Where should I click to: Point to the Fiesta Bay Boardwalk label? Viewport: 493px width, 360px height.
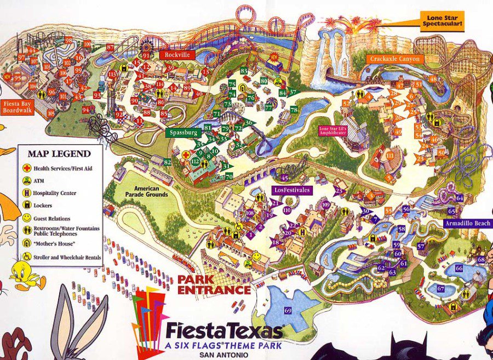click(18, 106)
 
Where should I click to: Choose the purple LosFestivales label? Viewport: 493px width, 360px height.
click(291, 190)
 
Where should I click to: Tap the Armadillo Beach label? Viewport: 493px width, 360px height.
click(468, 224)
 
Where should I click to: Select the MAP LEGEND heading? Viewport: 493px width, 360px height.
click(59, 153)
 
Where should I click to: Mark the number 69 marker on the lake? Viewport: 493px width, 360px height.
click(288, 311)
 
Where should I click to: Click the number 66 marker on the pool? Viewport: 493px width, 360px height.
click(458, 268)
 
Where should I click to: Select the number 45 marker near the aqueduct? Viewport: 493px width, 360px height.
click(284, 178)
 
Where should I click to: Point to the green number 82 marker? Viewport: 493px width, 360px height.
click(168, 162)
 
